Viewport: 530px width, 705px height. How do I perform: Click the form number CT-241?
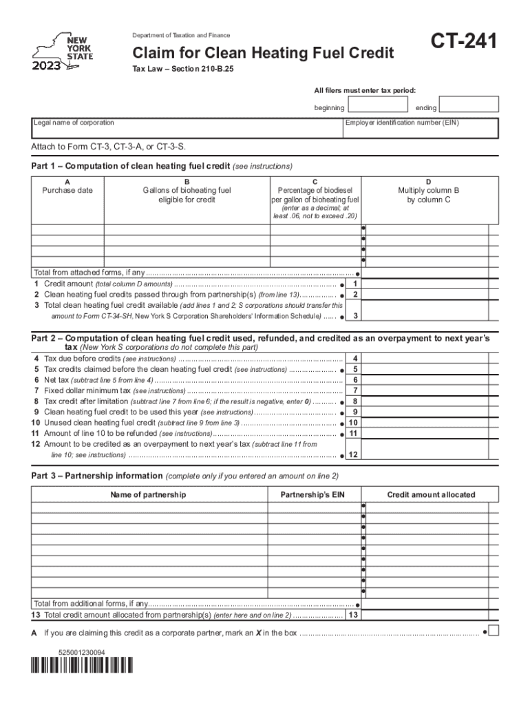465,44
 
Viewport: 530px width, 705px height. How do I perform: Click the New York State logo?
64,52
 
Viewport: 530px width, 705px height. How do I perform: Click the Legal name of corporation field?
187,128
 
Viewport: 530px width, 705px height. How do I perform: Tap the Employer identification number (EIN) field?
421,128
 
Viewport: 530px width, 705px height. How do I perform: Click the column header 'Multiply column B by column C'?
429,195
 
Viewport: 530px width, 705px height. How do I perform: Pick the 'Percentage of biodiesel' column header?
315,191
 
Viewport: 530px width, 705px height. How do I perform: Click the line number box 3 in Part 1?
354,316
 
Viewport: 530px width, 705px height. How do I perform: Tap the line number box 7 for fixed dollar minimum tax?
354,390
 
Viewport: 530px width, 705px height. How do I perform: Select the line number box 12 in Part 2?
354,455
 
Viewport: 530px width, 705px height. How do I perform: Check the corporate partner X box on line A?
494,631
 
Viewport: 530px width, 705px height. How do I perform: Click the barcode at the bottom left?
83,666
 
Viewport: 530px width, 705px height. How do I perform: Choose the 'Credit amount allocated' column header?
431,495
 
